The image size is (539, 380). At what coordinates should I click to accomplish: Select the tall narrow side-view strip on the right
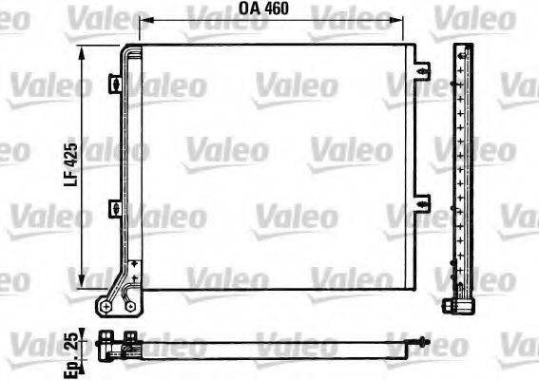tap(462, 171)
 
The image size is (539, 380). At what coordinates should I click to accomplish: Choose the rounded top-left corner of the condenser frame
tap(125, 49)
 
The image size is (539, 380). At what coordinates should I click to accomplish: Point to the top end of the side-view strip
tap(462, 46)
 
